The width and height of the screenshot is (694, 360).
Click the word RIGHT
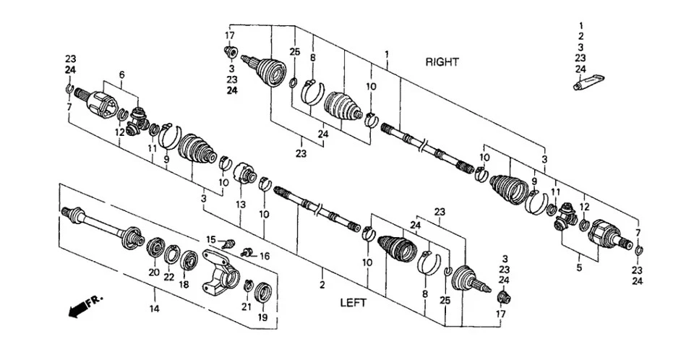point(442,62)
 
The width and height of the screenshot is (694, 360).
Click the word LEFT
point(354,303)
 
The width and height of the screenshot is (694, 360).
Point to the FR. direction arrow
point(85,306)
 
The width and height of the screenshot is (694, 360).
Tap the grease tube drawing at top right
point(588,82)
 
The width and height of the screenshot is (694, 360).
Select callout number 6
point(121,75)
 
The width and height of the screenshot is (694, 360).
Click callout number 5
point(579,268)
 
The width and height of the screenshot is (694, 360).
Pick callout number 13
point(240,205)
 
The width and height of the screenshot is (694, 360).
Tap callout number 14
point(154,309)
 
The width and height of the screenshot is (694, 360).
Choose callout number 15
point(211,239)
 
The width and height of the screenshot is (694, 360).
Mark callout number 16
point(265,256)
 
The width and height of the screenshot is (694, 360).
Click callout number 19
point(262,317)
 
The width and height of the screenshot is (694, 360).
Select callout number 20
point(153,273)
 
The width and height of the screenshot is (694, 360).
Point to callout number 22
point(168,277)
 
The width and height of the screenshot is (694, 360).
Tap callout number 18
point(184,285)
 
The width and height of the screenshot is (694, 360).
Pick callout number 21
point(246,307)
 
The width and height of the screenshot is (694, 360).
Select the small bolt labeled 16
point(247,252)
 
